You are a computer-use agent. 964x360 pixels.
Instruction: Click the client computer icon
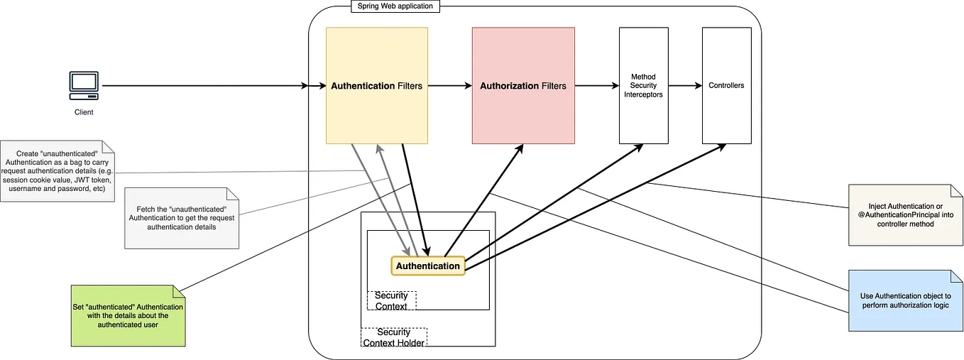[x=84, y=86]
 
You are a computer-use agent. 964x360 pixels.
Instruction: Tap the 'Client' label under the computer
[x=84, y=112]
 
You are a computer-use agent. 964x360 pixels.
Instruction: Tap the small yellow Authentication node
[x=427, y=266]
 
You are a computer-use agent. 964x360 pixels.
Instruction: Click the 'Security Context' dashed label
[x=391, y=300]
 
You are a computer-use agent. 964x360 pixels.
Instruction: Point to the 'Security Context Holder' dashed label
[x=393, y=337]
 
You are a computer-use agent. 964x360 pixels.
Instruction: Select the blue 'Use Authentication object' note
[x=904, y=300]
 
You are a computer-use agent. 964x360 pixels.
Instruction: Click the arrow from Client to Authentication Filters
[x=206, y=86]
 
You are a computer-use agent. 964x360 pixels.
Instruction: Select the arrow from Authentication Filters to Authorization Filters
[x=449, y=86]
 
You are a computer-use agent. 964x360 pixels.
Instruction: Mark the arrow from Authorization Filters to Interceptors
[x=596, y=86]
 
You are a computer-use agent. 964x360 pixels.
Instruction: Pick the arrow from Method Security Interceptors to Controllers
[x=684, y=86]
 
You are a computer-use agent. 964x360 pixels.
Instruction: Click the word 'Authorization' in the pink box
[x=509, y=86]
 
